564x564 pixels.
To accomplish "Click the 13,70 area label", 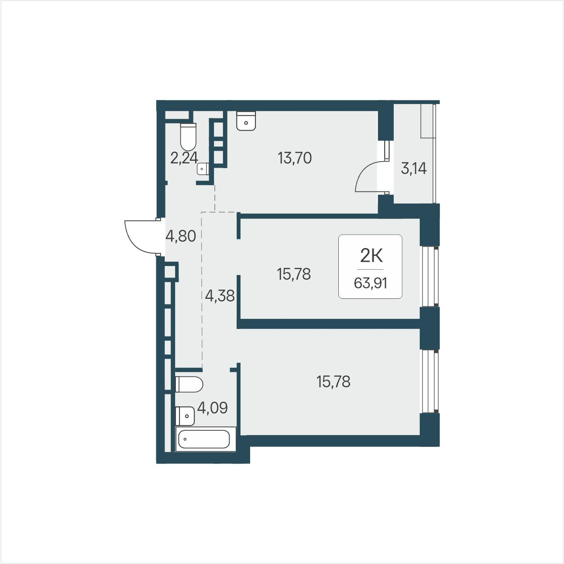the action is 295,159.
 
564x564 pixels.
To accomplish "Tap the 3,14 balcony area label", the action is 413,169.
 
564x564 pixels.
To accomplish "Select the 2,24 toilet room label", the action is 184,159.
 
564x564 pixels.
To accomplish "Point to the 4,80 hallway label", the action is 181,236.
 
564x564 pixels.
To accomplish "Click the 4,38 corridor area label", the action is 220,296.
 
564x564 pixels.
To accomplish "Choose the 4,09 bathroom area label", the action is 212,408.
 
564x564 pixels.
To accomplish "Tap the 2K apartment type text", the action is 371,257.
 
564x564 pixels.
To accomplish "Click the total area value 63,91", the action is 371,284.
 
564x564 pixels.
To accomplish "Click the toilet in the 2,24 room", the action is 188,137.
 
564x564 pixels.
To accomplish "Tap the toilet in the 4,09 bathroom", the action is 189,384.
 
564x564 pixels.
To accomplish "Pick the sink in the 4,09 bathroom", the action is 185,416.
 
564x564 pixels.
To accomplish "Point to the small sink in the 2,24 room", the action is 203,169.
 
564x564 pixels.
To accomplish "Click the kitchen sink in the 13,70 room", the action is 246,121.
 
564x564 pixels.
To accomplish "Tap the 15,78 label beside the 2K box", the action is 293,274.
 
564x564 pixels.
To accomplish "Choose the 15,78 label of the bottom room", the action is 334,382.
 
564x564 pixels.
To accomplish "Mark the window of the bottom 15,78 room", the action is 430,381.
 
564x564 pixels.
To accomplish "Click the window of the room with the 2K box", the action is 430,277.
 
